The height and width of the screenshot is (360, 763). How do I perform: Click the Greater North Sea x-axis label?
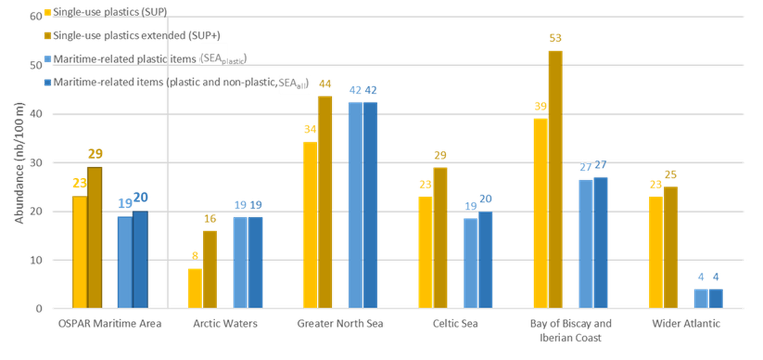pyautogui.click(x=340, y=323)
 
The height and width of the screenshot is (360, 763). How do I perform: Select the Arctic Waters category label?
pyautogui.click(x=225, y=323)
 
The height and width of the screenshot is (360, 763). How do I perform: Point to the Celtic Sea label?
pyautogui.click(x=455, y=323)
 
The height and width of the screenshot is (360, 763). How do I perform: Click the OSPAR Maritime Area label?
pyautogui.click(x=110, y=323)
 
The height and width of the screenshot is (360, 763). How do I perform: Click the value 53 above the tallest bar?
pyautogui.click(x=556, y=39)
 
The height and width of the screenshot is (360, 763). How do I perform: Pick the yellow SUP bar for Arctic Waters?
pyautogui.click(x=194, y=287)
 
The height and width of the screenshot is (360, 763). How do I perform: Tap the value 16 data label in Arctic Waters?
pyautogui.click(x=210, y=219)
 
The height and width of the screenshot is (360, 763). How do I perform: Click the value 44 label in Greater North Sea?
pyautogui.click(x=325, y=83)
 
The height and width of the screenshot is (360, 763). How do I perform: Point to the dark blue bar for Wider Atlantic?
pyautogui.click(x=716, y=297)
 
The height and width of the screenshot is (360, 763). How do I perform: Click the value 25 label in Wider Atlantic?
pyautogui.click(x=670, y=175)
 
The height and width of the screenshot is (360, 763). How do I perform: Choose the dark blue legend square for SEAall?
pyautogui.click(x=48, y=82)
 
